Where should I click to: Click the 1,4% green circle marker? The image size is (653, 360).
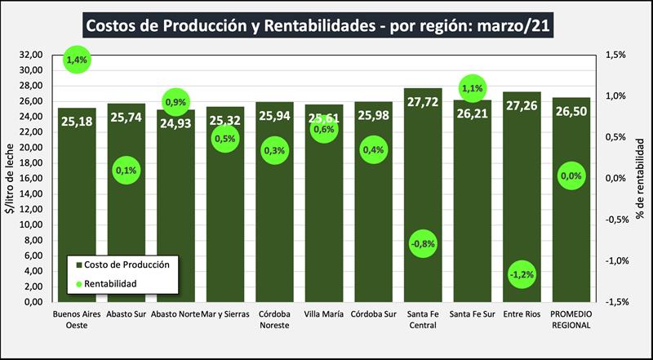click(77, 60)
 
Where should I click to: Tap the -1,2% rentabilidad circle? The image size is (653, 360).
click(521, 274)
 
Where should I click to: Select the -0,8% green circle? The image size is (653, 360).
click(422, 243)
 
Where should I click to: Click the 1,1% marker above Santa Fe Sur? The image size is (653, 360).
click(473, 87)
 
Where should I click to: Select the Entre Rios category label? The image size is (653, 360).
click(522, 313)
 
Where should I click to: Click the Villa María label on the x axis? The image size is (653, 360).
click(324, 313)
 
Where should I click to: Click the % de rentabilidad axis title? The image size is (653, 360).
click(642, 178)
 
